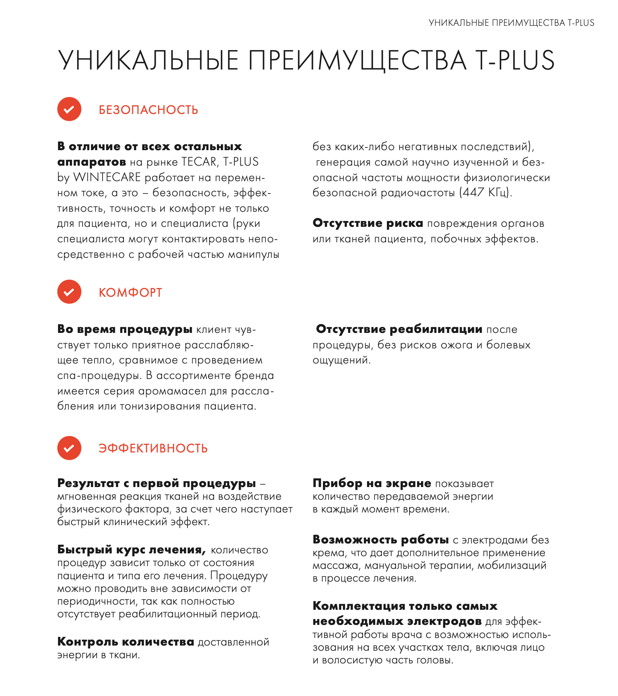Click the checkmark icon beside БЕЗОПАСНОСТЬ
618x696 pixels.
coord(69,109)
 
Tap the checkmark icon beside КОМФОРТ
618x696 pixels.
coord(69,292)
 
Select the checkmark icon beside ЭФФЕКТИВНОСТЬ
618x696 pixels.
coord(69,448)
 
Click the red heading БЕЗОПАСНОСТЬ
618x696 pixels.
coord(148,110)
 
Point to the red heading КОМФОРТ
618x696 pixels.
coord(130,293)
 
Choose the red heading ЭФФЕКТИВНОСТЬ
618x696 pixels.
coord(153,449)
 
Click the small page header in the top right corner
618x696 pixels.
coord(511,23)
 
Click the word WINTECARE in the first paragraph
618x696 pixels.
coord(107,177)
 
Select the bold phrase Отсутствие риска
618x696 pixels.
coord(368,223)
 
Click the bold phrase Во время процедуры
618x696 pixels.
coord(125,329)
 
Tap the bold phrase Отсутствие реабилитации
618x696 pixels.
coord(399,329)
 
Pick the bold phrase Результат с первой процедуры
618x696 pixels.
coord(156,483)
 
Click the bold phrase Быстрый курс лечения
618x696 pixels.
coord(131,550)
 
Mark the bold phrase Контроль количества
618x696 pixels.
coord(126,642)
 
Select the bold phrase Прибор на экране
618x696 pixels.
coord(372,483)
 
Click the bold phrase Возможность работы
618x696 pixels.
coord(380,540)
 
